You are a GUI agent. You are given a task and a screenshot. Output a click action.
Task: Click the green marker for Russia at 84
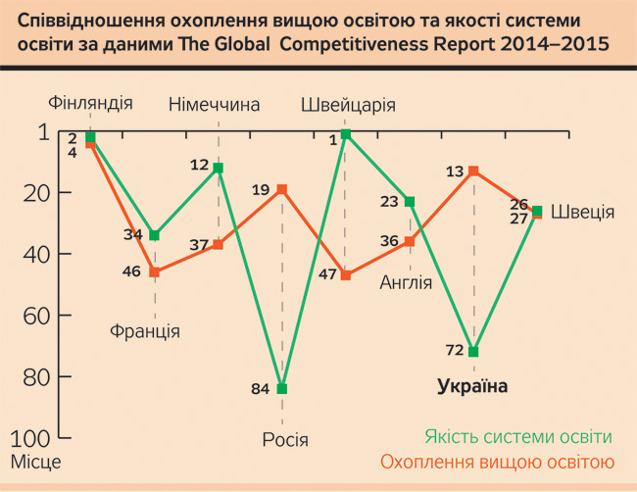[282, 389]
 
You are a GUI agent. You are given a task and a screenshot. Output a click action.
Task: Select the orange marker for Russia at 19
[282, 189]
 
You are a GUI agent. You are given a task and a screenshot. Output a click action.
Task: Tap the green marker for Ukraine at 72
[473, 352]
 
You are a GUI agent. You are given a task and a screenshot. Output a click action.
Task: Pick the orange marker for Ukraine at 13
[473, 171]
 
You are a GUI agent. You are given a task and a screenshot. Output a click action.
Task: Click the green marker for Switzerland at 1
[346, 133]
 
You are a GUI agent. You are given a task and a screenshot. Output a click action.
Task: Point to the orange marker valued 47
[346, 275]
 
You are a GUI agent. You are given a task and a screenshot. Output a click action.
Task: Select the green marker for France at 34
[154, 235]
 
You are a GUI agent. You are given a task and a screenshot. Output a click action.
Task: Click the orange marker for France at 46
[154, 272]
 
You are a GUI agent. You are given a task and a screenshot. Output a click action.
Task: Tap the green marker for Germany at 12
[218, 168]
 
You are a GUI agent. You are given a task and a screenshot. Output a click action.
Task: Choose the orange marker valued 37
[218, 244]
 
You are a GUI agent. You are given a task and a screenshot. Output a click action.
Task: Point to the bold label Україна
[472, 386]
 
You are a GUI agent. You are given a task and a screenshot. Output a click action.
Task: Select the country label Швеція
[582, 212]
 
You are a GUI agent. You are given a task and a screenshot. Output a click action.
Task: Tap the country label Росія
[285, 438]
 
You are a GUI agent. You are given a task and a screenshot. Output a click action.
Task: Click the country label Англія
[406, 283]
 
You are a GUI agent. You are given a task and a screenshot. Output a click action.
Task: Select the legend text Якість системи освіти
[518, 437]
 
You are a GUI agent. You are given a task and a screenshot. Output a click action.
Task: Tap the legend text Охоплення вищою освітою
[497, 462]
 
